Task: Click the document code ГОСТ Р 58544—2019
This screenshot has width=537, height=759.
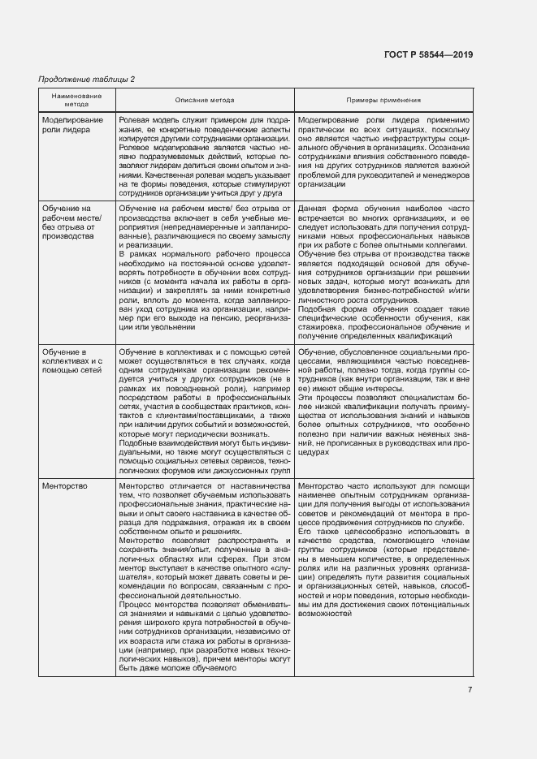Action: click(427, 54)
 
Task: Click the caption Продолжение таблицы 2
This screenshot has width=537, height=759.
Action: click(87, 79)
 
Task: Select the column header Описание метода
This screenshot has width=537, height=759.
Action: click(204, 100)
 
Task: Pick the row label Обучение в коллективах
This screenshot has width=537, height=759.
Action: click(72, 360)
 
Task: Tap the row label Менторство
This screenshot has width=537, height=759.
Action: click(63, 485)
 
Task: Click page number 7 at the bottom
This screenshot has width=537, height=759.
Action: click(470, 690)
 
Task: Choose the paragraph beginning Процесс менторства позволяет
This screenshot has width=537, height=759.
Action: click(203, 637)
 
